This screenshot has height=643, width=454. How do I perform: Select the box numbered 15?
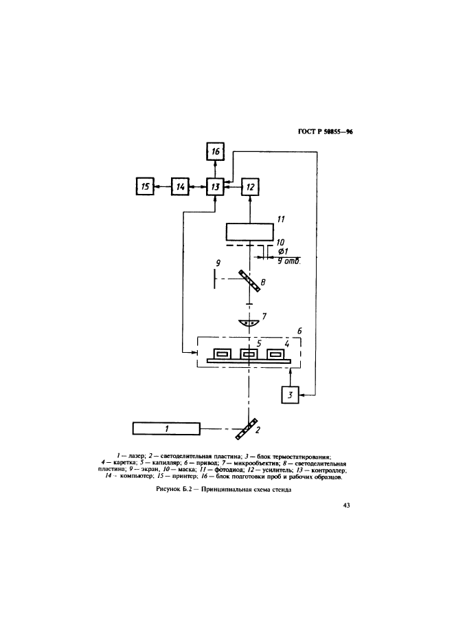(x=145, y=186)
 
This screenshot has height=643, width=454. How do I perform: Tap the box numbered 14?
(x=180, y=186)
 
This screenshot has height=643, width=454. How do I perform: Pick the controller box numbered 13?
(x=216, y=186)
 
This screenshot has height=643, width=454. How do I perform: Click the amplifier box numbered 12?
(x=251, y=186)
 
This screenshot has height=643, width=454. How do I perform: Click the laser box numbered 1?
(x=168, y=429)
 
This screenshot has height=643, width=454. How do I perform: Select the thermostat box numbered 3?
(x=290, y=395)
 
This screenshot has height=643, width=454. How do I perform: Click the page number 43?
(x=346, y=507)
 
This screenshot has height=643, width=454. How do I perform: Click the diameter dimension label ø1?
(x=282, y=252)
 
